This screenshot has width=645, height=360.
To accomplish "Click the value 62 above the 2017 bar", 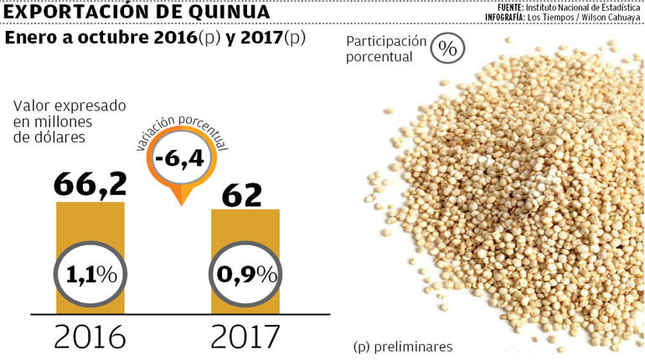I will pyautogui.click(x=243, y=194).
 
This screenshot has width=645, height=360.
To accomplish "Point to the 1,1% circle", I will pyautogui.click(x=90, y=274).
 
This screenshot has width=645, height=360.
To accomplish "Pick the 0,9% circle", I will pyautogui.click(x=243, y=274).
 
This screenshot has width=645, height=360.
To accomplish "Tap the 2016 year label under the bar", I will pyautogui.click(x=90, y=336).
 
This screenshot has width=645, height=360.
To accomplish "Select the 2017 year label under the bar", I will pyautogui.click(x=245, y=336).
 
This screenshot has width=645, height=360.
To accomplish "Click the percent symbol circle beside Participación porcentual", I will pyautogui.click(x=448, y=49).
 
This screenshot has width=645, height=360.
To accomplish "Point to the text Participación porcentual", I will pyautogui.click(x=386, y=49).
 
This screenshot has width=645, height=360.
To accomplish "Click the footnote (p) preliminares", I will pyautogui.click(x=403, y=346).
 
